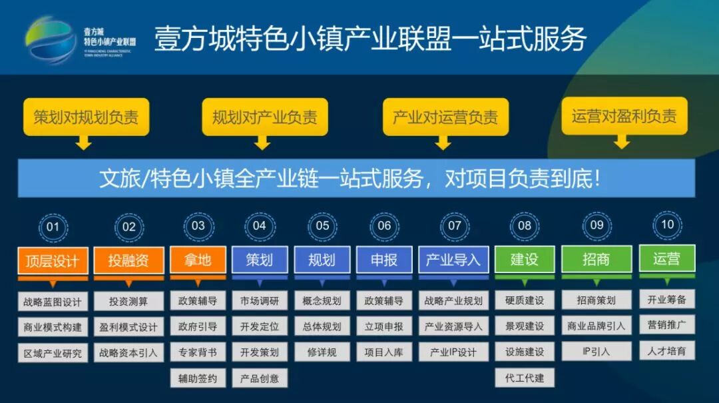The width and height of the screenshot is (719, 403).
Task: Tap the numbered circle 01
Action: [x=53, y=227]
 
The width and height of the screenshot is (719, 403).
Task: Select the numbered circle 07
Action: [x=454, y=226]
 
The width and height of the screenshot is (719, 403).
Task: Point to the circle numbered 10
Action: [x=667, y=224]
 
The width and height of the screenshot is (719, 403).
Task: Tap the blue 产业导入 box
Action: [x=453, y=259]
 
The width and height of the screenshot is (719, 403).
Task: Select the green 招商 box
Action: [x=596, y=259]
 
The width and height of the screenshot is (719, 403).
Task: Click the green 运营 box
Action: [x=666, y=258]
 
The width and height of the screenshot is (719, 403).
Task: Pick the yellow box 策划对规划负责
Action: [x=86, y=118]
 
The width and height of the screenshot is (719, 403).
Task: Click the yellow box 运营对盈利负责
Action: [x=624, y=117]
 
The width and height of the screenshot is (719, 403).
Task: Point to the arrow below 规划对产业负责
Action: [x=262, y=143]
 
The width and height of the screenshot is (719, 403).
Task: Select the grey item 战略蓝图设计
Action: [x=53, y=302]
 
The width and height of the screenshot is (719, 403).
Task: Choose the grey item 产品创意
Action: [x=260, y=378]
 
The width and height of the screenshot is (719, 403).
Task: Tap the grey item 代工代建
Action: [x=525, y=378]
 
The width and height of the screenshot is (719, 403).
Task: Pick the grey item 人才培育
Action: [x=666, y=350]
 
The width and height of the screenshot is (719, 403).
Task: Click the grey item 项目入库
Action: [x=384, y=352]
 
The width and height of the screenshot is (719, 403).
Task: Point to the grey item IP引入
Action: [x=596, y=351]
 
